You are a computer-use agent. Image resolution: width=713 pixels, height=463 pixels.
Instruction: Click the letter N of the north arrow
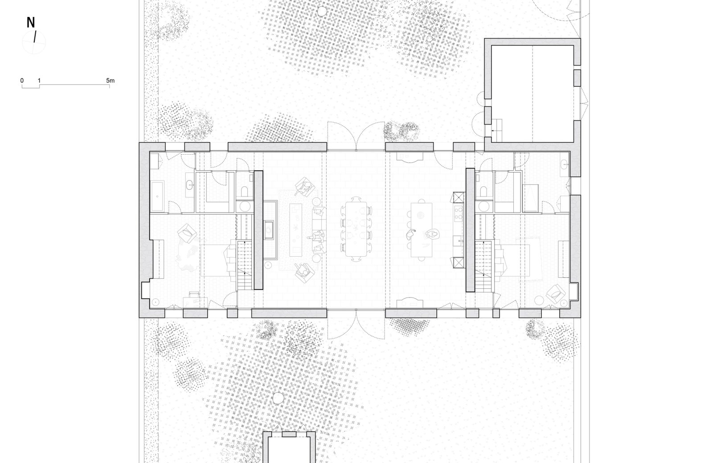[31, 23]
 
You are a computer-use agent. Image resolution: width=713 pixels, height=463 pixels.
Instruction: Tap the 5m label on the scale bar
[110, 81]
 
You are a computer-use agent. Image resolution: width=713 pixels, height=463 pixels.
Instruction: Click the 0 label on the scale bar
[22, 81]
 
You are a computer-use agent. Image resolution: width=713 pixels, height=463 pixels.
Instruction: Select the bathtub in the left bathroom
[157, 197]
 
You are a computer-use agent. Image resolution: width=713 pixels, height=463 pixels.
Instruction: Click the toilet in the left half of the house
[245, 191]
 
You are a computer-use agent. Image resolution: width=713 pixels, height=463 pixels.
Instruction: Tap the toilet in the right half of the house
[484, 191]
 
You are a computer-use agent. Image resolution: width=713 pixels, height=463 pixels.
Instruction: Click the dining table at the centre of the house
[356, 229]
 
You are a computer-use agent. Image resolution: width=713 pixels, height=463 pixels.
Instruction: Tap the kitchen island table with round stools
[422, 230]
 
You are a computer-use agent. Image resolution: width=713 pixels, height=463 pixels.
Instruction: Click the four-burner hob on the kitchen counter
[459, 213]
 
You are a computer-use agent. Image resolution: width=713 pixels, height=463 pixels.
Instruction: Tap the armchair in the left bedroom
[187, 233]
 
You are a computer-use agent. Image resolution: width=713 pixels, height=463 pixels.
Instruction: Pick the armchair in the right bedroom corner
[556, 293]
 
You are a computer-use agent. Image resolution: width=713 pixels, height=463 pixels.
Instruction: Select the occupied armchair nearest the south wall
[304, 272]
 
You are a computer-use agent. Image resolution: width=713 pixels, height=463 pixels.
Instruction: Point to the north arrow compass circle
[34, 42]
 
